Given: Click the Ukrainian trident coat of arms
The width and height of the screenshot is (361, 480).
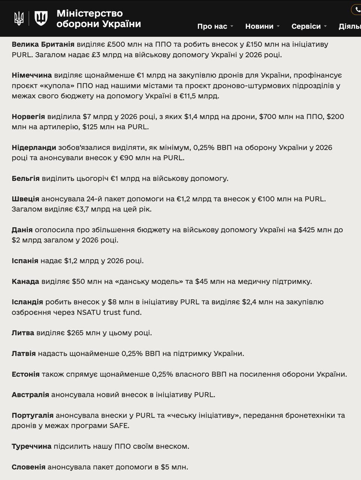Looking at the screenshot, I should (x=18, y=18).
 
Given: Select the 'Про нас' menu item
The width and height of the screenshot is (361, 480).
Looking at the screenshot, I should (x=212, y=26).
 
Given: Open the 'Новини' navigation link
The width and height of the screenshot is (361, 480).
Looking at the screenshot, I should (x=259, y=26).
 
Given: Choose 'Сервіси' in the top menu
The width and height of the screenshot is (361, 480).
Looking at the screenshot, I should (x=306, y=26).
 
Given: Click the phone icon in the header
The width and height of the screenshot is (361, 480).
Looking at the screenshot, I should (x=357, y=9).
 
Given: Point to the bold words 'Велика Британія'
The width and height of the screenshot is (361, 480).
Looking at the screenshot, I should (x=43, y=44).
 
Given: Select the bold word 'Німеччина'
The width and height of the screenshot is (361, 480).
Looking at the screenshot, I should (x=31, y=75).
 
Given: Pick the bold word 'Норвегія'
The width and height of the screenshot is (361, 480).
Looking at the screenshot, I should (x=28, y=117).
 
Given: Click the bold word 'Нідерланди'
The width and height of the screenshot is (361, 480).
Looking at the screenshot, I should (x=34, y=148).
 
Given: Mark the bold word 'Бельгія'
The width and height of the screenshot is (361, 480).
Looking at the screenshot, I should (x=25, y=178).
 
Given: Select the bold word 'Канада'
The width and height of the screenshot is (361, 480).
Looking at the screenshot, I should (x=25, y=282).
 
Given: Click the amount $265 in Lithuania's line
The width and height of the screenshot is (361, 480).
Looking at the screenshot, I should (x=77, y=333).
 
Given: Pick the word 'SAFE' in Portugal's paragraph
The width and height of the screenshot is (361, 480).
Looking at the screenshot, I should (x=119, y=426).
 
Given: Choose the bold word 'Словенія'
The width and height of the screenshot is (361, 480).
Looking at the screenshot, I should (x=28, y=467).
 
